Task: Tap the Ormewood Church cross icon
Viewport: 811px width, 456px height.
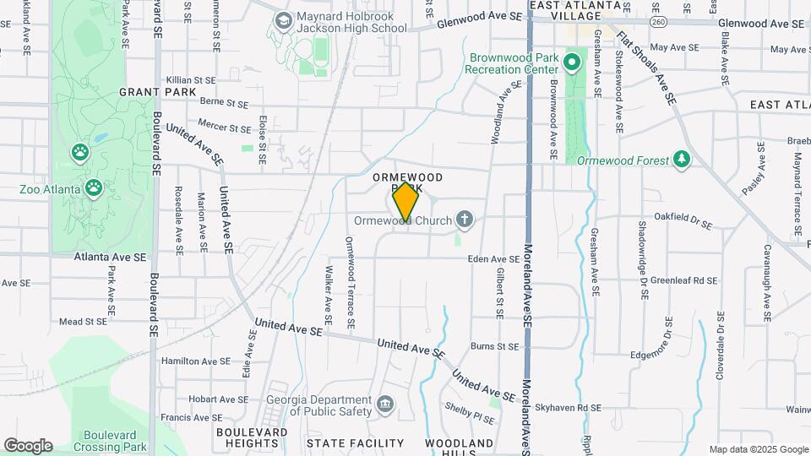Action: (x=464, y=220)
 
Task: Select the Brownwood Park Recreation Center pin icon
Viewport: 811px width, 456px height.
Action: (x=572, y=61)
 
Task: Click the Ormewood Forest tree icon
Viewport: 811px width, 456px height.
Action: (x=681, y=160)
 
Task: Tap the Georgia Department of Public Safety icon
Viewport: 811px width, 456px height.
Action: (x=386, y=404)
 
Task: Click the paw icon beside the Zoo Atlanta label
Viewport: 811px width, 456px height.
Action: (x=93, y=187)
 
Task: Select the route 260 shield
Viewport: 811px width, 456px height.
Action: (x=658, y=20)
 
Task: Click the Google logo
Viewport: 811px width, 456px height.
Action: (x=28, y=446)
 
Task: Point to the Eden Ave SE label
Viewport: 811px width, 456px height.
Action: (x=493, y=260)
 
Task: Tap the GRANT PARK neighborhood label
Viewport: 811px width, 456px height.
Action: (x=147, y=91)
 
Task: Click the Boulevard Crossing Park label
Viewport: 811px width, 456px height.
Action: (x=110, y=441)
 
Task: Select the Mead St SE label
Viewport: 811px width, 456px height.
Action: (x=83, y=322)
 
